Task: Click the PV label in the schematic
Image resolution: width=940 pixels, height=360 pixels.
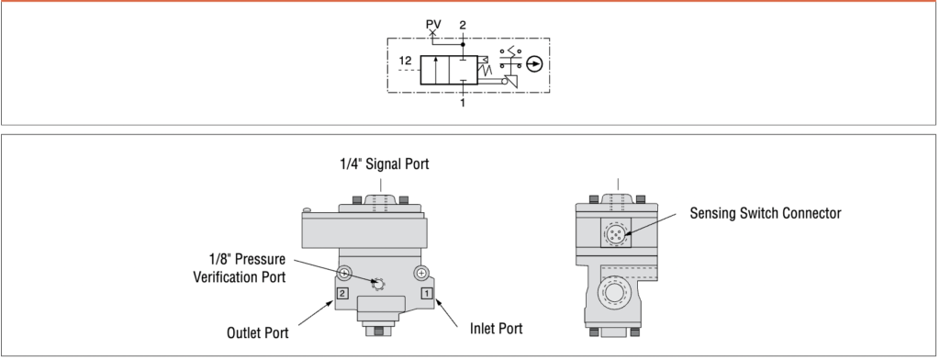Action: tap(433, 20)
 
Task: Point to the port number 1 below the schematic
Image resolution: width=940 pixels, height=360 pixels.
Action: tap(463, 103)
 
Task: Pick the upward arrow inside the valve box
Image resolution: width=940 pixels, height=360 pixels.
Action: tap(435, 70)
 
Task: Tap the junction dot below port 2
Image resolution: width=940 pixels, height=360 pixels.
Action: tap(463, 42)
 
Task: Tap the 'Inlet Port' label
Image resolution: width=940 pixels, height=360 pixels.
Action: tap(497, 326)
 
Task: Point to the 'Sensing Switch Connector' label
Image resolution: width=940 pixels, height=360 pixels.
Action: tap(766, 212)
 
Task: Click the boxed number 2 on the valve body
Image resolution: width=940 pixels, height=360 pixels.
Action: tap(341, 293)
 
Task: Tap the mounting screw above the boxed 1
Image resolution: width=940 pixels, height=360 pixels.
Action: tap(420, 273)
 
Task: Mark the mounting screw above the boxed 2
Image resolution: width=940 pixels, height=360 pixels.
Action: tap(344, 273)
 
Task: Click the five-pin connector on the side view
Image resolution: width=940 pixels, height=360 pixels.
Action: tap(616, 235)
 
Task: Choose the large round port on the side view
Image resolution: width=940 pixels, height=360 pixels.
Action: tap(612, 297)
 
